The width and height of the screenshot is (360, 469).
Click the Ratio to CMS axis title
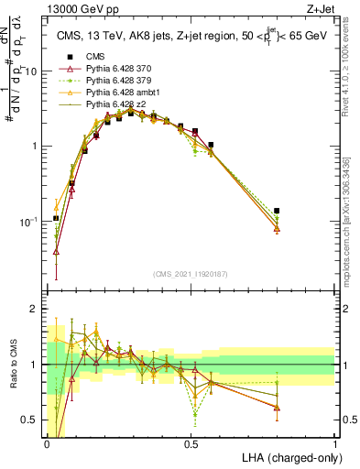(12, 365)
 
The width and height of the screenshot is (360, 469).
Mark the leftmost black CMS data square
(56, 218)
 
